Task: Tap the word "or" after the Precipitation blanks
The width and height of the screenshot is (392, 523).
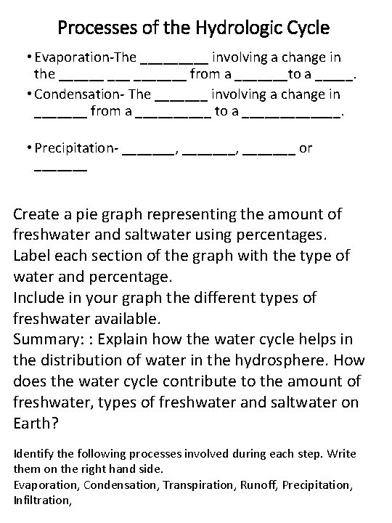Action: pos(306,148)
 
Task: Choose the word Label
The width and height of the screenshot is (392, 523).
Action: pos(31,256)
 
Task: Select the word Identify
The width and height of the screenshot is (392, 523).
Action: pos(33,453)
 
